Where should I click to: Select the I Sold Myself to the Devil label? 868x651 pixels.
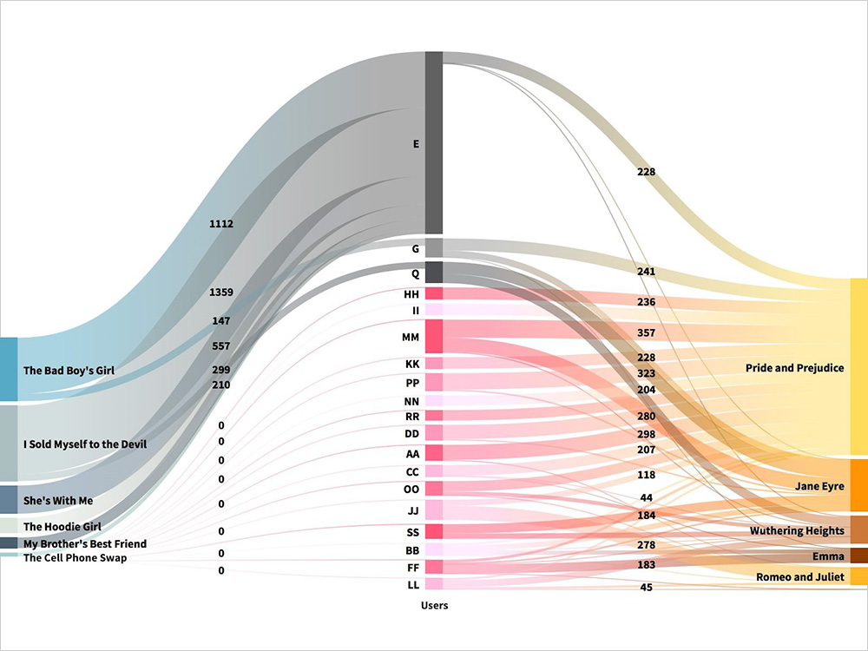84,444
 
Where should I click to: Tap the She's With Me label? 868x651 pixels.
58,501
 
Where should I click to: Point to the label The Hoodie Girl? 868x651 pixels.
62,527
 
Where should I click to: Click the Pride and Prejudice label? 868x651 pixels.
794,368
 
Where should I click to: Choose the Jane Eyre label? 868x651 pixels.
819,486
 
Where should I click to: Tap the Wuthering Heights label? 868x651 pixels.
797,530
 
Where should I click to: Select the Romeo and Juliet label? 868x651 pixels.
799,576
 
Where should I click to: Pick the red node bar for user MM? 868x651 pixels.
434,335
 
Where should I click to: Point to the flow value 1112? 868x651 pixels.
221,224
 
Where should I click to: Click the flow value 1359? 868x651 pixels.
221,293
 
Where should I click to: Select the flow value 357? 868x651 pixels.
646,333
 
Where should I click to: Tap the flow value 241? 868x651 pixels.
646,272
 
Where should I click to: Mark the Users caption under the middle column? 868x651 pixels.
434,606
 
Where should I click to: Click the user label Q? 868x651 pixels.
415,273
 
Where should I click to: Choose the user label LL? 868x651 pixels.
413,585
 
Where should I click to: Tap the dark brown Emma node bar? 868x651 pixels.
858,556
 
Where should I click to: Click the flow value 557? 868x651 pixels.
221,346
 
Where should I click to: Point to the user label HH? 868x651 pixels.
411,294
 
